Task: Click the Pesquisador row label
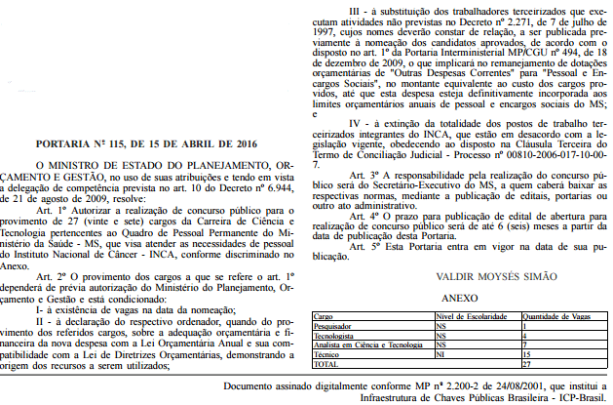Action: (335, 325)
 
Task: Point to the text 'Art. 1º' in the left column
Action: (54, 210)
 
